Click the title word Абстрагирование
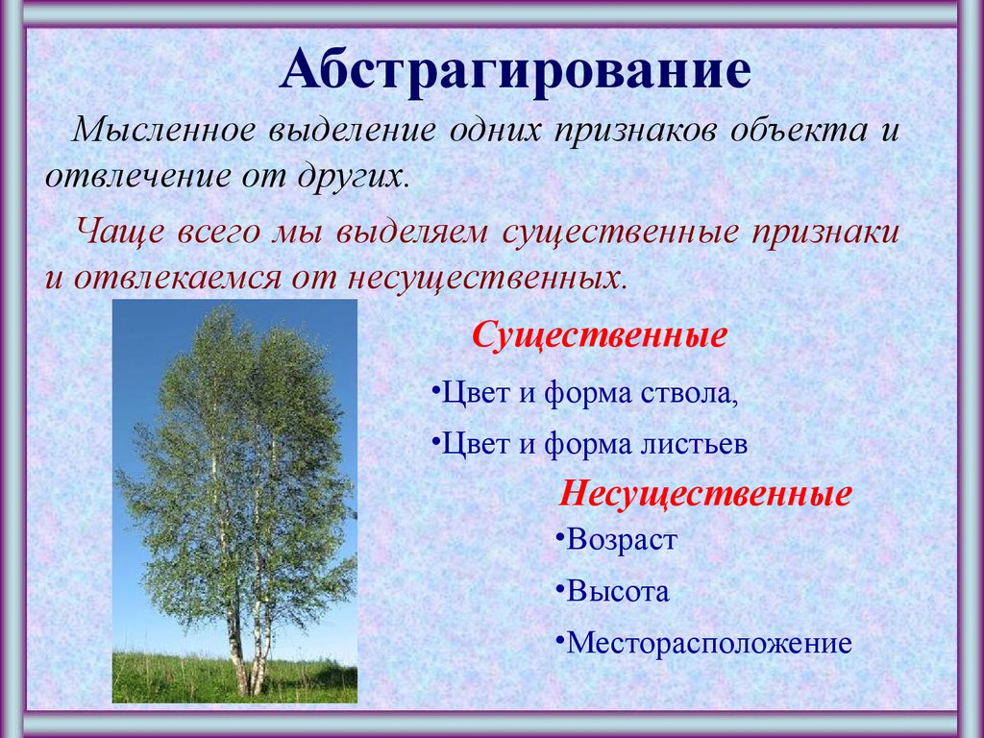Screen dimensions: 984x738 pyautogui.click(x=515, y=69)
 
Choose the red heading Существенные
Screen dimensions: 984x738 pyautogui.click(x=600, y=336)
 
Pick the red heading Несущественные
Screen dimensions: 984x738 pyautogui.click(x=705, y=494)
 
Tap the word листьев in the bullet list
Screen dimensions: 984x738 pyautogui.click(x=695, y=444)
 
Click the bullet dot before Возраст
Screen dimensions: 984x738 pyautogui.click(x=559, y=537)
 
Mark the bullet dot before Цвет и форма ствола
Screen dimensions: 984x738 pyautogui.click(x=435, y=390)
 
